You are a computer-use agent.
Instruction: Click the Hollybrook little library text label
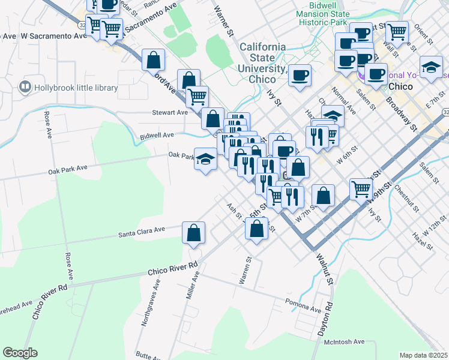(x=76, y=88)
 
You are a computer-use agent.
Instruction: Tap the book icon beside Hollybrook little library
(x=25, y=88)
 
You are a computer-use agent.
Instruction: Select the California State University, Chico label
(x=263, y=62)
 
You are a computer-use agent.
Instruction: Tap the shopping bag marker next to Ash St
(x=256, y=229)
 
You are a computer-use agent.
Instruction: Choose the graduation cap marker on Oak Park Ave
(x=205, y=160)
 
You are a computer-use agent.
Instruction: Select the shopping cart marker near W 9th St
(x=361, y=189)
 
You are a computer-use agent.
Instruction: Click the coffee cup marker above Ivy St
(x=299, y=76)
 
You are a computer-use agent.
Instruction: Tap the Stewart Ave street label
(x=170, y=112)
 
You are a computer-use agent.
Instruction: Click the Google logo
(x=20, y=353)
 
